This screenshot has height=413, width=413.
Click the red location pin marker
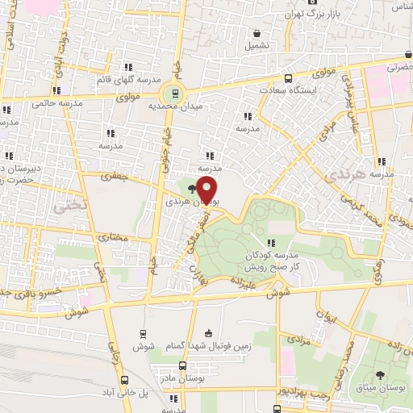(x=206, y=191)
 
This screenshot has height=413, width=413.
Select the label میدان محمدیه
(x=177, y=106)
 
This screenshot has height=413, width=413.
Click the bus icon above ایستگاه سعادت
(x=289, y=79)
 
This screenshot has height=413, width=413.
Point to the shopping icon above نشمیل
(x=257, y=34)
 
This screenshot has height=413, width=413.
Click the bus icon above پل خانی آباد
(x=124, y=379)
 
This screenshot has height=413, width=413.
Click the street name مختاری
(x=114, y=238)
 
